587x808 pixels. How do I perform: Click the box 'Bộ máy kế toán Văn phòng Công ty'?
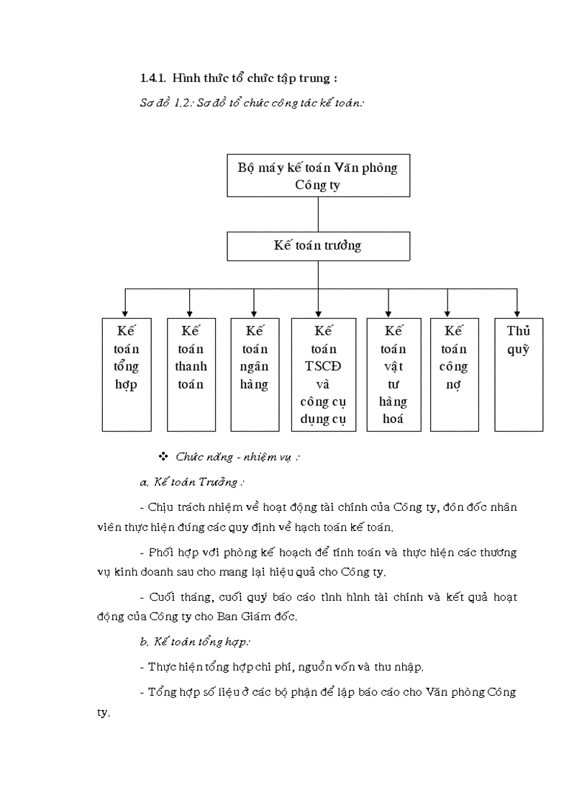coord(318,176)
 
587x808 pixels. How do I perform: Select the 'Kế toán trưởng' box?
coord(318,246)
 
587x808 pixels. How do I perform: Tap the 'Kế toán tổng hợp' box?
coord(126,374)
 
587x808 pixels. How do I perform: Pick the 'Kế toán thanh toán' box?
coord(191,374)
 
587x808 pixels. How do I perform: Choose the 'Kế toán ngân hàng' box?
coord(255,374)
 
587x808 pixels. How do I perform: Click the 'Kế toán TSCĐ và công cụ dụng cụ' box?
coord(324,374)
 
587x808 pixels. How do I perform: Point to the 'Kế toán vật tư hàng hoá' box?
coord(393,374)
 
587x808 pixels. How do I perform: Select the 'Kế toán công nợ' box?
coord(453,374)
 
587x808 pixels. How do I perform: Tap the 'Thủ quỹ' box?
coord(518,374)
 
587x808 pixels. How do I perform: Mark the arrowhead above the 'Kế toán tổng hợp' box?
coord(126,313)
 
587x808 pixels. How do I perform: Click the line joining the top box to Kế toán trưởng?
coord(318,214)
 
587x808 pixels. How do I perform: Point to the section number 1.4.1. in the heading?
coord(153,78)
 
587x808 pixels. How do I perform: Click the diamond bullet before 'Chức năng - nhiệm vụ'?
coord(163,456)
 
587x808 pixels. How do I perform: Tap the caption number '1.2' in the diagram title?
coord(185,104)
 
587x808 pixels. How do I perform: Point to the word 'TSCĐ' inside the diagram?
coord(324,366)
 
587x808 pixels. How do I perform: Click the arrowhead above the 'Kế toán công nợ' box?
coord(447,313)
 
